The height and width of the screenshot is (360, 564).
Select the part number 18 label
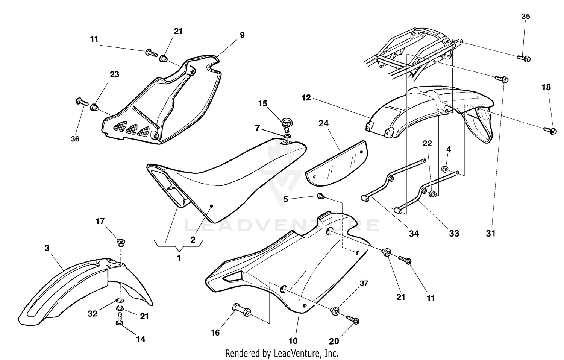click(x=546, y=87)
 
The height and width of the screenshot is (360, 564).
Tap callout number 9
click(x=242, y=35)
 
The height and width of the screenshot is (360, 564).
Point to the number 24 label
click(x=323, y=123)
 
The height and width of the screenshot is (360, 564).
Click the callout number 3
click(x=47, y=248)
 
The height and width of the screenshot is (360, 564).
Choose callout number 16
click(x=215, y=333)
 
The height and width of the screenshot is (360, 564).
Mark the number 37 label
click(x=364, y=283)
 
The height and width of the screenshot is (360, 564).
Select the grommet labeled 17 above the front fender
click(x=121, y=242)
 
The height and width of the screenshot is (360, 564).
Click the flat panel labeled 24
click(x=335, y=163)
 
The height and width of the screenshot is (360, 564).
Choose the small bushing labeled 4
click(x=445, y=168)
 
